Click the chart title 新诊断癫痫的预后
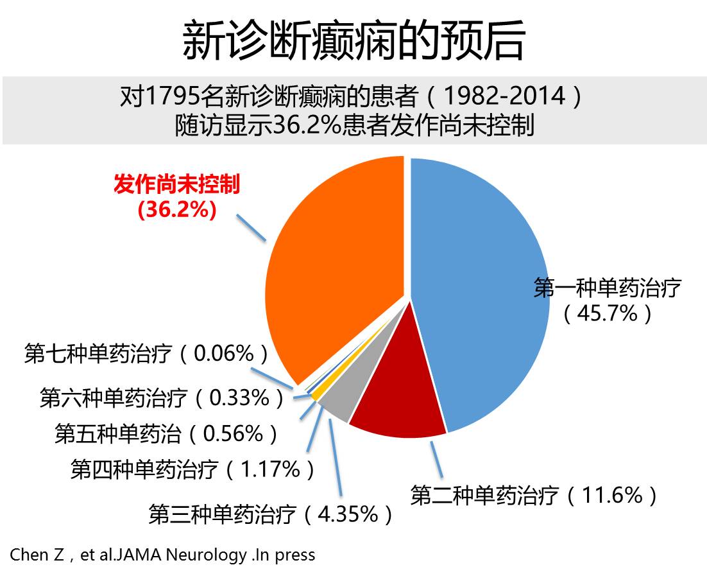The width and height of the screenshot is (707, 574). click(353, 40)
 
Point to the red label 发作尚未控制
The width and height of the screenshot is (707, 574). click(176, 186)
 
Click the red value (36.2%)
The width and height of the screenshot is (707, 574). click(176, 210)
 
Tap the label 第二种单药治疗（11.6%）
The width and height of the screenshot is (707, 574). click(534, 496)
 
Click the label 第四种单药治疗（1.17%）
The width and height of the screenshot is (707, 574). click(193, 470)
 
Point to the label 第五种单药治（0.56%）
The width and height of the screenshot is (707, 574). click(167, 434)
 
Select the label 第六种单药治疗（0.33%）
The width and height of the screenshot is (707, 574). click(162, 398)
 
